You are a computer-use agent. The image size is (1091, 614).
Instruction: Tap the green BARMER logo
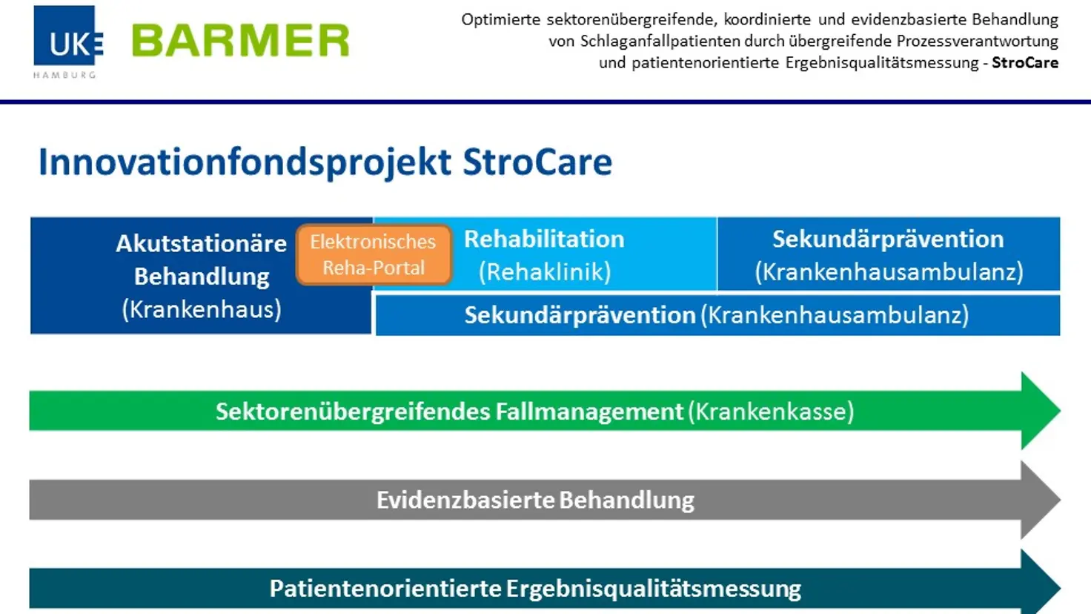(x=241, y=41)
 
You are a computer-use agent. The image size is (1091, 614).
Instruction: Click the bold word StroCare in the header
(x=1025, y=63)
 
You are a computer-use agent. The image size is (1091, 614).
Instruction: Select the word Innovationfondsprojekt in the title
(x=245, y=162)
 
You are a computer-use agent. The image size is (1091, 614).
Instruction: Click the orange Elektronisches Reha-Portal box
(x=374, y=254)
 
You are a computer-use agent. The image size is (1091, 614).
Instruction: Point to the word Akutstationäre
(x=201, y=244)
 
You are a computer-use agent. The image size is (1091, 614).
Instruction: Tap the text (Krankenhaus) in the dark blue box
(x=202, y=309)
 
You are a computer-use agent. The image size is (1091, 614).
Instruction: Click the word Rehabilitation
(x=544, y=240)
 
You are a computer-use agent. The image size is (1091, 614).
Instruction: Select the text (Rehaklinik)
(x=545, y=272)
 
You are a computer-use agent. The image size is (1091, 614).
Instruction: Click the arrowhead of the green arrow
(x=1041, y=410)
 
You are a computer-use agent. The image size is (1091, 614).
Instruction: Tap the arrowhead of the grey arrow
(x=1041, y=500)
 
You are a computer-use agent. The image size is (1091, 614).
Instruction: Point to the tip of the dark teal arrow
(x=1061, y=588)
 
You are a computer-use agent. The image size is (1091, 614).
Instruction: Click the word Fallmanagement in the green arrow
(x=589, y=412)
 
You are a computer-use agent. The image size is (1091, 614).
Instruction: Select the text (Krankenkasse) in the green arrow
(x=771, y=412)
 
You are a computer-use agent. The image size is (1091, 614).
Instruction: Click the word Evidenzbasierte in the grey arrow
(x=465, y=501)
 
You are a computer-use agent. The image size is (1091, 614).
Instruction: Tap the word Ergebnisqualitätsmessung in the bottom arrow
(x=653, y=589)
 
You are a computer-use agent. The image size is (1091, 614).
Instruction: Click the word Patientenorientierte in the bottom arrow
(x=385, y=589)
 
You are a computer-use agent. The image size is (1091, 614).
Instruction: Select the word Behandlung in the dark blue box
(x=202, y=277)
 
